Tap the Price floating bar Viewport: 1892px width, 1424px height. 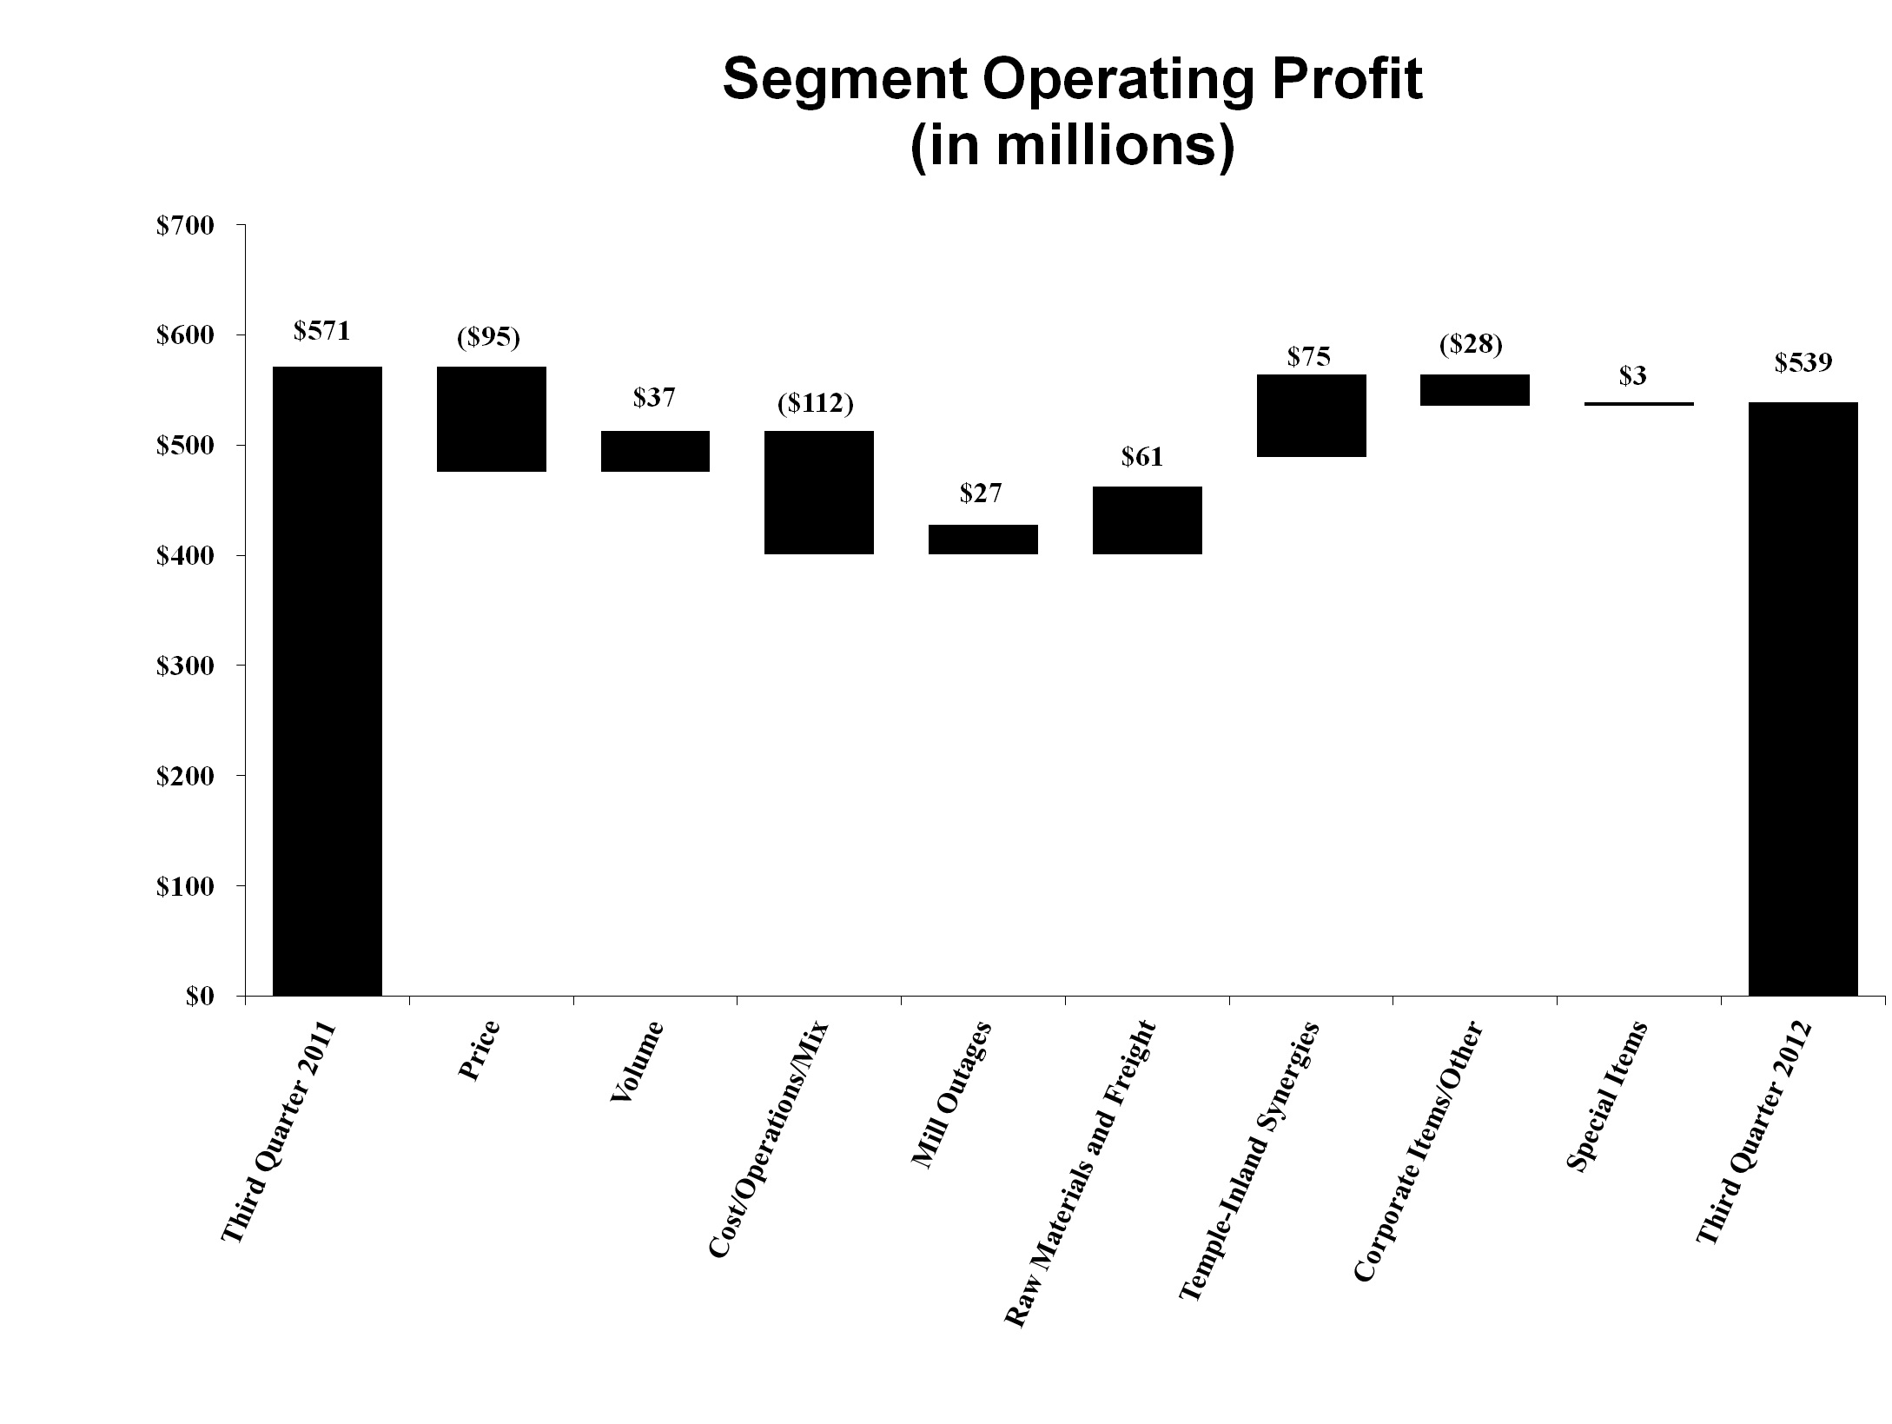click(491, 419)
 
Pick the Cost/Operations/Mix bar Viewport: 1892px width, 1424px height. click(818, 492)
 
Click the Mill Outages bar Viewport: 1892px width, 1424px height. click(982, 539)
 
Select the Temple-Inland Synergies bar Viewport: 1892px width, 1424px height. click(1311, 415)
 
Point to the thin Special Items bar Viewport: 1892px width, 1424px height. click(1639, 404)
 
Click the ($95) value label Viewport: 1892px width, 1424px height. click(488, 338)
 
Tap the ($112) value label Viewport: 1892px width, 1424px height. click(816, 404)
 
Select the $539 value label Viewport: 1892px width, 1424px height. click(1803, 362)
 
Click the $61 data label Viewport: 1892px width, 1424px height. click(1141, 457)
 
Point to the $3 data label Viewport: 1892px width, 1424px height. click(1632, 376)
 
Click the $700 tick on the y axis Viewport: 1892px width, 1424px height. click(184, 227)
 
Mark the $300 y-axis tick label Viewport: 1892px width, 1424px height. click(184, 667)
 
